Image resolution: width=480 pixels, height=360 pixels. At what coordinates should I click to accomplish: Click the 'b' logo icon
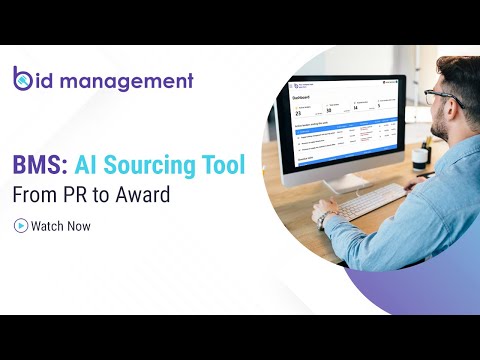(24, 79)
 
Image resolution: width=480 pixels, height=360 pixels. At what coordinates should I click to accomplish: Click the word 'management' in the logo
(129, 81)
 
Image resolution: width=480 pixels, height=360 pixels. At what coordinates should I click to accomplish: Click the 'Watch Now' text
(60, 226)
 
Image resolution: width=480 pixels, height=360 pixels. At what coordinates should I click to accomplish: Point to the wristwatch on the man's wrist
(323, 216)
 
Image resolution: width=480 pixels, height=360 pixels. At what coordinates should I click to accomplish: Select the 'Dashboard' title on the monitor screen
(303, 100)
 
